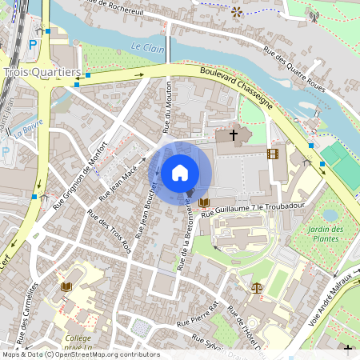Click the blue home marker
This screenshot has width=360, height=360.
[180, 172]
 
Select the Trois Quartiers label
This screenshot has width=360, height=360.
[42, 72]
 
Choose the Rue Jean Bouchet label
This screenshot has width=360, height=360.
[146, 211]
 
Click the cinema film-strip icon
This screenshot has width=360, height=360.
[274, 154]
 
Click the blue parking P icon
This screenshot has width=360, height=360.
[32, 46]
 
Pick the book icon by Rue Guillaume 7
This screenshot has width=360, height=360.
[204, 202]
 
